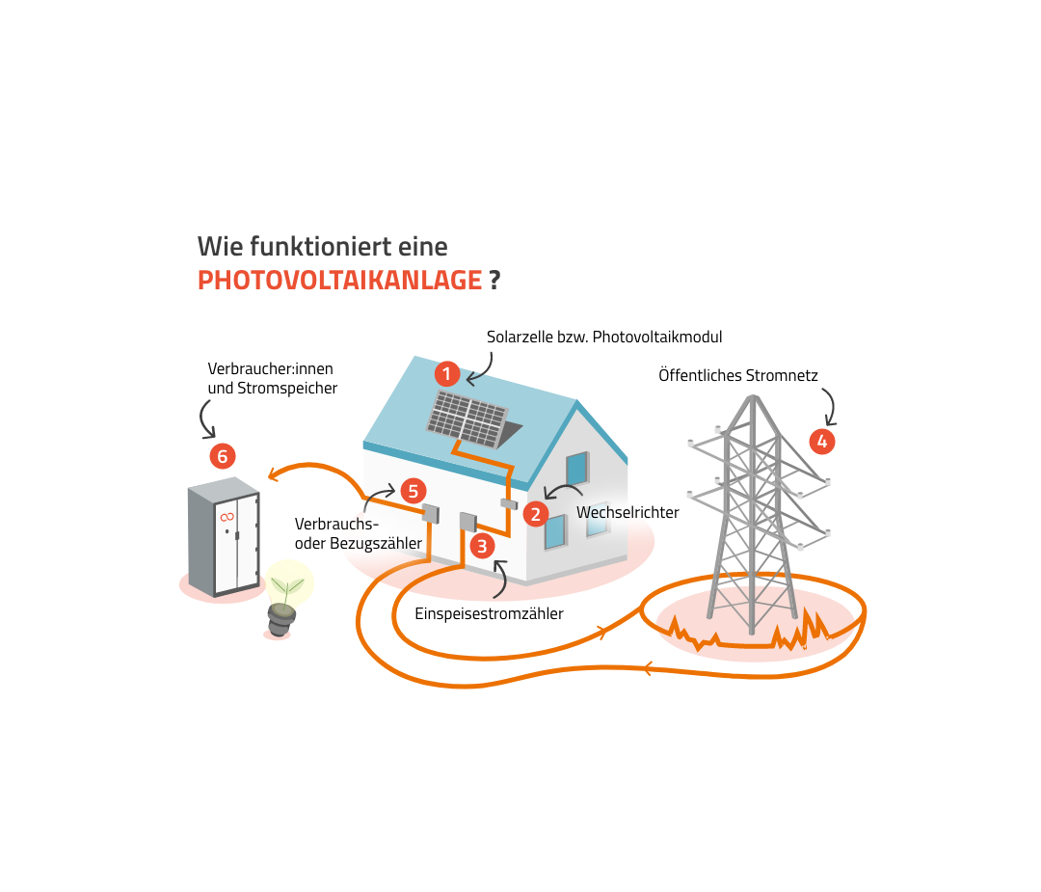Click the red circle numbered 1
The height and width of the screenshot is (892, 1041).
tap(446, 373)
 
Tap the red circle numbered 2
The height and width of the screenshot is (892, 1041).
tap(536, 514)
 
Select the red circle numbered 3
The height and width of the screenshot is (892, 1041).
tap(482, 546)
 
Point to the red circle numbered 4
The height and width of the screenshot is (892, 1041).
tap(821, 442)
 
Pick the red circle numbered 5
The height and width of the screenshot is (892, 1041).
tap(413, 491)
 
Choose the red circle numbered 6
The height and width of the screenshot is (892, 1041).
tap(223, 456)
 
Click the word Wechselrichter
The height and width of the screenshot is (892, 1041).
tap(627, 512)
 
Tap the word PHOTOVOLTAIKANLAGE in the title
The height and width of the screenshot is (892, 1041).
tap(339, 281)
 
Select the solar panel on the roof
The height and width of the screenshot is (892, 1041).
tap(467, 419)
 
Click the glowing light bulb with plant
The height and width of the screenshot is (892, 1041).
tap(287, 590)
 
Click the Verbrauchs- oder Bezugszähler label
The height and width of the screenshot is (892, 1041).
tap(358, 533)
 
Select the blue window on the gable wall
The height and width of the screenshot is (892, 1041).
tap(577, 468)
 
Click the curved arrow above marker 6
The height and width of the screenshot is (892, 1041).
tap(207, 418)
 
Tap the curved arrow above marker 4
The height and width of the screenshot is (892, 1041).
tap(828, 406)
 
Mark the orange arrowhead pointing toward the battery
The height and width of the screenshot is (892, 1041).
tap(275, 473)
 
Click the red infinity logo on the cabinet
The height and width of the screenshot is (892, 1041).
tap(227, 518)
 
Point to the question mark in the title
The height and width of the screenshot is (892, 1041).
tap(494, 281)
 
